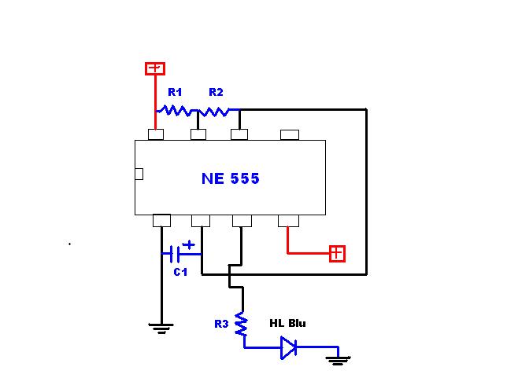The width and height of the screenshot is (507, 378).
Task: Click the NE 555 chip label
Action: click(230, 178)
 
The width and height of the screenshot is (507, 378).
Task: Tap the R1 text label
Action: click(176, 92)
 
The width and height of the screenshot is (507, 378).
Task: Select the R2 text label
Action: click(216, 92)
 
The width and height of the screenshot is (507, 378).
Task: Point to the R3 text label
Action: click(221, 323)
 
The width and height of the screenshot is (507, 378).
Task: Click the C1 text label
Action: click(180, 272)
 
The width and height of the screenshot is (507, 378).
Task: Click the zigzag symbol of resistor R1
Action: click(176, 112)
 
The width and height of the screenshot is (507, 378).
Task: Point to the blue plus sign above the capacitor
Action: click(188, 244)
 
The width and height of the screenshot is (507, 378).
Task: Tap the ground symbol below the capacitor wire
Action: click(161, 328)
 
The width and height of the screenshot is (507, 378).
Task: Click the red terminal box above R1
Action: click(155, 69)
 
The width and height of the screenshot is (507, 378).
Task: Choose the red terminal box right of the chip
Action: click(337, 253)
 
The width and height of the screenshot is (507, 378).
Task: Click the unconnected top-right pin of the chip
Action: click(289, 134)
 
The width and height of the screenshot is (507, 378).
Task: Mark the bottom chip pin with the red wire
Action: click(288, 220)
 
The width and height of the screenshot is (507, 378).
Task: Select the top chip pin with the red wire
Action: click(156, 134)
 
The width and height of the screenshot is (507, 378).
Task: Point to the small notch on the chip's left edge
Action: click(139, 174)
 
